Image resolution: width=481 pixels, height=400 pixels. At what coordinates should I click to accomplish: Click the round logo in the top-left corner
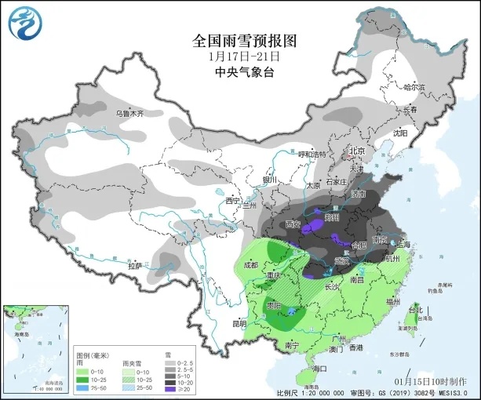point(23,24)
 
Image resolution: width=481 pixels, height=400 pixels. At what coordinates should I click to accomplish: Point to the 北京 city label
point(357,151)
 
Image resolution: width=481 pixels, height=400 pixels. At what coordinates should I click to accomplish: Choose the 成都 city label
point(250,264)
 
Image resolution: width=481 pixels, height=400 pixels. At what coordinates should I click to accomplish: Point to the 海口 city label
point(319,368)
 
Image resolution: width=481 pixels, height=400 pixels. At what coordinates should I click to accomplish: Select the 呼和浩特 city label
point(312,155)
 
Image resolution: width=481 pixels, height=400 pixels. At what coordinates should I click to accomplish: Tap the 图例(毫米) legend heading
point(91,355)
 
